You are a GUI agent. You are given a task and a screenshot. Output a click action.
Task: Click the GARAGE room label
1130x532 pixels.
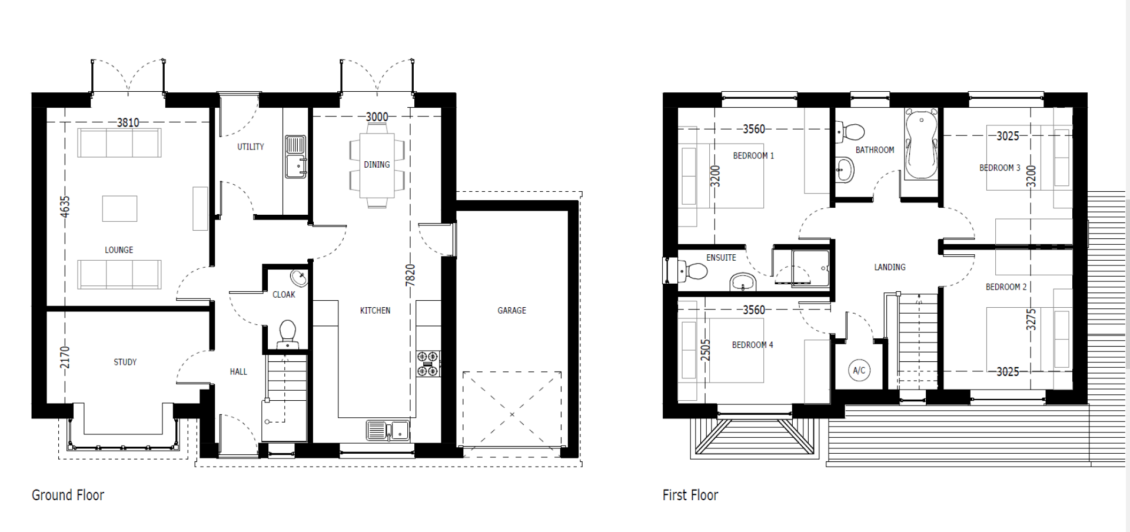click(511, 310)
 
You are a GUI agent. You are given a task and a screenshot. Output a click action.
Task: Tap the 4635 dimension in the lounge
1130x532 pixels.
click(65, 207)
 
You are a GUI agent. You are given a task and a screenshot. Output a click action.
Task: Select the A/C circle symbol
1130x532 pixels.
click(859, 370)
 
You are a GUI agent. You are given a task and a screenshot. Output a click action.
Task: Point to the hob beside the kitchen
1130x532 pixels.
click(428, 363)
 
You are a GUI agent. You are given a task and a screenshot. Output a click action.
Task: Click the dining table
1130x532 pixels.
click(377, 165)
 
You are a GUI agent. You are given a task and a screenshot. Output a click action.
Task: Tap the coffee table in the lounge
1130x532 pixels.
click(119, 208)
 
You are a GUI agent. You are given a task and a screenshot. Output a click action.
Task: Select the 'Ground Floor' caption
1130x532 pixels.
click(68, 495)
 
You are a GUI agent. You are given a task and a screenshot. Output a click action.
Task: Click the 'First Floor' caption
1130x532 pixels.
click(690, 495)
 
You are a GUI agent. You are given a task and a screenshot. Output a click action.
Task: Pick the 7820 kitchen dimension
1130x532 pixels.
click(410, 275)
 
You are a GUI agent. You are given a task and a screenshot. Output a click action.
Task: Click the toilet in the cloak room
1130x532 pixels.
click(287, 332)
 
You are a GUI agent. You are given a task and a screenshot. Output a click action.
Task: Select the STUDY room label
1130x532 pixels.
click(125, 362)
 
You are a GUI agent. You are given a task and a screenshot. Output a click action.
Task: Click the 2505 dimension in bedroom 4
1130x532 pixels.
click(705, 350)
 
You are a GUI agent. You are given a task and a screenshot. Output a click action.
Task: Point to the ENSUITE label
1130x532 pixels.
click(721, 258)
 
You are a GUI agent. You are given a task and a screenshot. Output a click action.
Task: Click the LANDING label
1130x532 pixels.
click(889, 267)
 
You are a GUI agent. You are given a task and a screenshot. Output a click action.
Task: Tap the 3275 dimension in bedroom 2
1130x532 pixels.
click(1031, 320)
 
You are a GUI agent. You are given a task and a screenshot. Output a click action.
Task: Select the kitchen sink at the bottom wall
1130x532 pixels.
click(387, 430)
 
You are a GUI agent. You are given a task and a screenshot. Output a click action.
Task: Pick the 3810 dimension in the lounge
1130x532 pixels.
click(128, 122)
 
